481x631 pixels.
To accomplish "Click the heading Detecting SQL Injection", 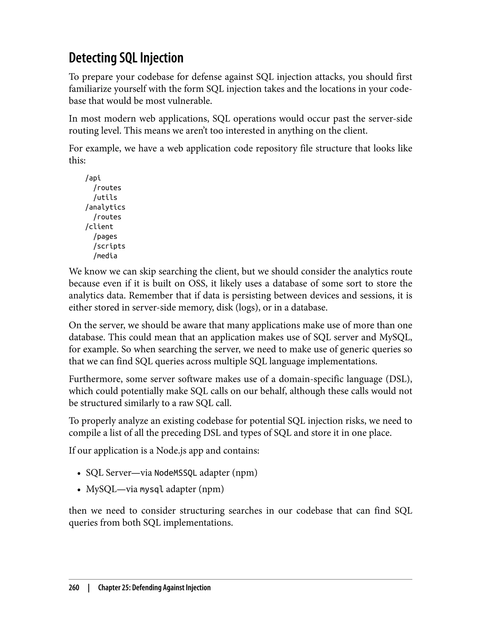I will pyautogui.click(x=126, y=58).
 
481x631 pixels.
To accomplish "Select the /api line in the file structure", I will pyautogui.click(x=93, y=178).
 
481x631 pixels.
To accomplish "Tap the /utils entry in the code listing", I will pyautogui.click(x=105, y=197).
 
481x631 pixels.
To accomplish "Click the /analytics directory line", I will pyautogui.click(x=105, y=207).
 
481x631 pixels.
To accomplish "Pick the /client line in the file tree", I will pyautogui.click(x=99, y=227).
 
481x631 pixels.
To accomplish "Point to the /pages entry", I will pyautogui.click(x=105, y=236).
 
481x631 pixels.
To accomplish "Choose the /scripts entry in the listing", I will pyautogui.click(x=109, y=246).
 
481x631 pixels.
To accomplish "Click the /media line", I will pyautogui.click(x=105, y=256).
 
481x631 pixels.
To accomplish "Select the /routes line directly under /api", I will pyautogui.click(x=107, y=188).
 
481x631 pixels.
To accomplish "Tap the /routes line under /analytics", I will pyautogui.click(x=107, y=217).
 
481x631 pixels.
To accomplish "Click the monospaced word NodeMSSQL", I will pyautogui.click(x=175, y=473).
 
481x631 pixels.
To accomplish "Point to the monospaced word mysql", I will pyautogui.click(x=152, y=490).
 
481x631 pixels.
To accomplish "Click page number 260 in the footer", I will pyautogui.click(x=74, y=588).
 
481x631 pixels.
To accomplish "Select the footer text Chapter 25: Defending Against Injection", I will pyautogui.click(x=154, y=588).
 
